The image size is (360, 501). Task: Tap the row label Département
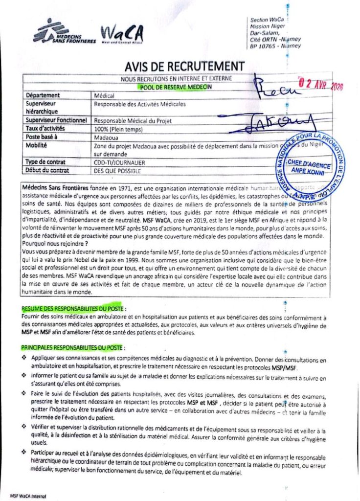pyautogui.click(x=43, y=95)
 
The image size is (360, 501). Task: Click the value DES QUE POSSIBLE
pyautogui.click(x=117, y=171)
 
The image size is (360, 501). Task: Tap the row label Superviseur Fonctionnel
pyautogui.click(x=56, y=120)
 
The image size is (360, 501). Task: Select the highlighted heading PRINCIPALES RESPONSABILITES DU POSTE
pyautogui.click(x=73, y=348)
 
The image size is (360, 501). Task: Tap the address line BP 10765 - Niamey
pyautogui.click(x=275, y=46)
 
